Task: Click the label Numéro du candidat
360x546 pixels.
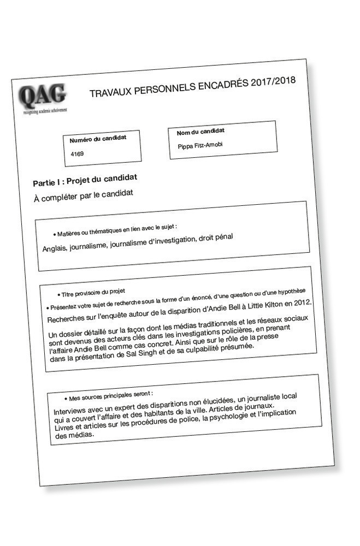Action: tap(98, 139)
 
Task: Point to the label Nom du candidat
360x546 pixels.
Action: tap(200, 132)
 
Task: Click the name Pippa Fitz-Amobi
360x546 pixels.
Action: tap(200, 145)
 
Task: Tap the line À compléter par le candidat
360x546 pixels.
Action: tap(84, 194)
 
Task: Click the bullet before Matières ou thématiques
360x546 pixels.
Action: tap(54, 234)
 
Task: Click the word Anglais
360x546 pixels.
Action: tap(55, 248)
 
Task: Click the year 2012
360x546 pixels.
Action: tap(301, 301)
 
